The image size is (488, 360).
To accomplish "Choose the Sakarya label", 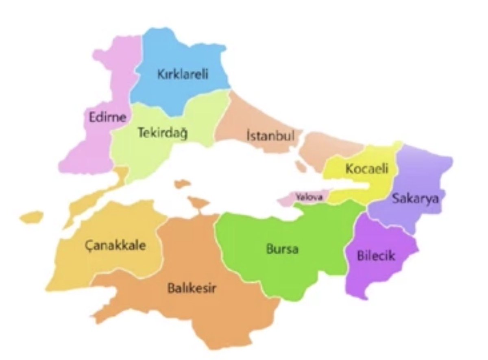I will click(x=415, y=199).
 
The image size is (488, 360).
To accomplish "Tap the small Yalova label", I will click(x=309, y=197).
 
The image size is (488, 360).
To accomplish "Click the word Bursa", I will click(x=282, y=249).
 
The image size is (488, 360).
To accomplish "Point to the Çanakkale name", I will click(x=115, y=246).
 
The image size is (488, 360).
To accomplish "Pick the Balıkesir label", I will click(x=192, y=289).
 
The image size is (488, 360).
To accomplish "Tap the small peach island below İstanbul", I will click(x=301, y=166).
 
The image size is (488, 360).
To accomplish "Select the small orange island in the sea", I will click(x=182, y=184).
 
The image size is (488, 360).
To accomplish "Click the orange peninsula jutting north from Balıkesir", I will click(x=198, y=202).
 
